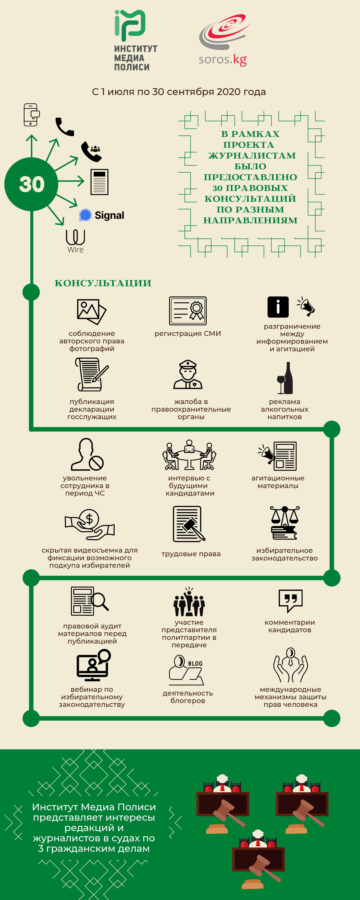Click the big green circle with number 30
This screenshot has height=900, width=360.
point(31,184)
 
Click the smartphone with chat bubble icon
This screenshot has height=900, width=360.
point(31,115)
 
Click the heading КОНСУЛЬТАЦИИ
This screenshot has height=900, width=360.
point(103,283)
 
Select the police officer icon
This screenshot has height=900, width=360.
point(188,374)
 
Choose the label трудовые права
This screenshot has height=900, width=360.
point(191,554)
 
